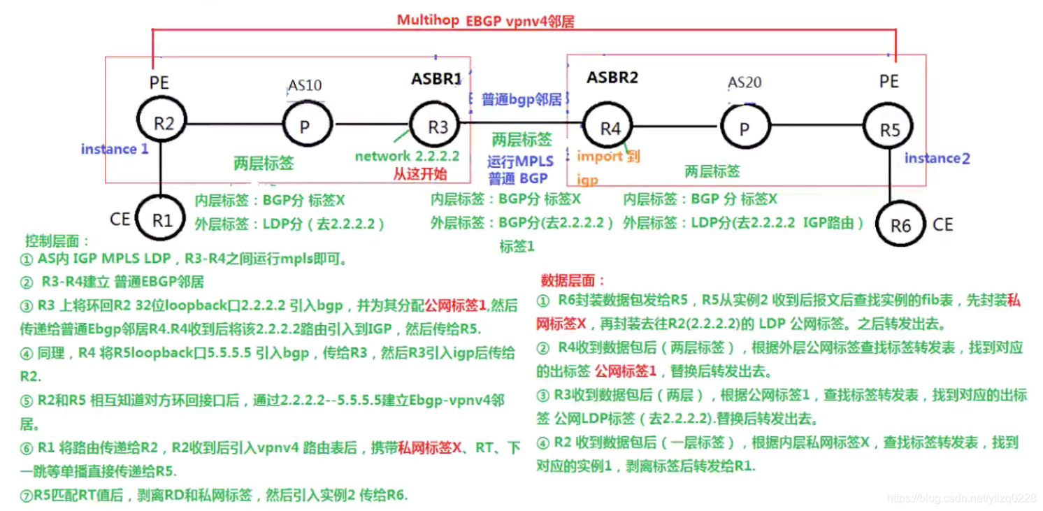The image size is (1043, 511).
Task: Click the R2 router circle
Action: pyautogui.click(x=162, y=124)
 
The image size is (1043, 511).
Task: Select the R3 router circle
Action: pyautogui.click(x=438, y=126)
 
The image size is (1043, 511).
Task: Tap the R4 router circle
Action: pyautogui.click(x=610, y=128)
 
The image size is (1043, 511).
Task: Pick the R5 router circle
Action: pyautogui.click(x=889, y=129)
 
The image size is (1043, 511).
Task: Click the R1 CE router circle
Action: pyautogui.click(x=161, y=220)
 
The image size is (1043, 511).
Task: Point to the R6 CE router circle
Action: pyautogui.click(x=900, y=225)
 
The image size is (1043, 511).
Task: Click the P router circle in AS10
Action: pyautogui.click(x=304, y=126)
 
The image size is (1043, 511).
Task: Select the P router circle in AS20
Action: pyautogui.click(x=744, y=129)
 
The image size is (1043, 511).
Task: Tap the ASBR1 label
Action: pyautogui.click(x=437, y=79)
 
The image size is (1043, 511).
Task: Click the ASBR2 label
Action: pyautogui.click(x=612, y=78)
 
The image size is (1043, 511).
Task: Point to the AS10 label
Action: pyautogui.click(x=305, y=85)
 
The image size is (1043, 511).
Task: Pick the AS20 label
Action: pyautogui.click(x=745, y=82)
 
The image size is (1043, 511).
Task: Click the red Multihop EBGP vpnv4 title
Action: pyautogui.click(x=485, y=20)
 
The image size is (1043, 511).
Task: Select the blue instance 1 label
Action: pyautogui.click(x=115, y=149)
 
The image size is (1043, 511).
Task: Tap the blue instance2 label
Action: pyautogui.click(x=937, y=159)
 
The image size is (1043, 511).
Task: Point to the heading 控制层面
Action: pyautogui.click(x=57, y=241)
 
